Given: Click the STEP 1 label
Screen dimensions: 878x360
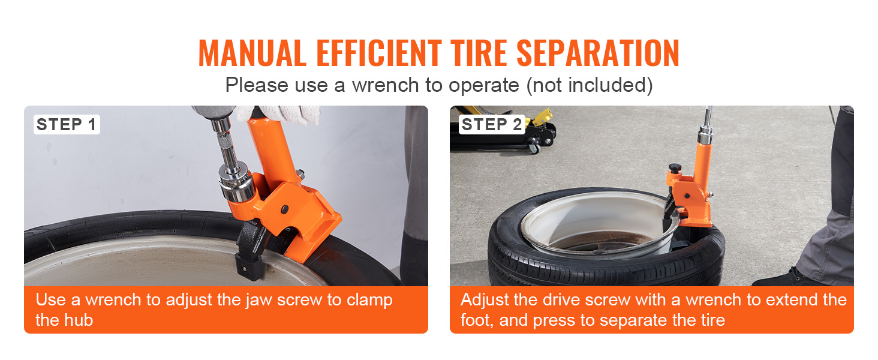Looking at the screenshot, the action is click(67, 125).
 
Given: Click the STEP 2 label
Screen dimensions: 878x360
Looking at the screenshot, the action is click(492, 125).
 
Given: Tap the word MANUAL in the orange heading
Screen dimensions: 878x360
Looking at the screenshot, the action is click(252, 53).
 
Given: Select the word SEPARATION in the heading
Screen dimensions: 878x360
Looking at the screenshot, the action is click(598, 53).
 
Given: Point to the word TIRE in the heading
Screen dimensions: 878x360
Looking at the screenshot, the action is click(479, 53).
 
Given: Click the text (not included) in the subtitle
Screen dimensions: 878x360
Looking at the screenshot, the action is click(589, 85).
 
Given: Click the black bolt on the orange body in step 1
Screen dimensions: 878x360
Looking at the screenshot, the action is click(285, 209).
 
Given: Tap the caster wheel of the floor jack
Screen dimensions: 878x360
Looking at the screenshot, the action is click(534, 149).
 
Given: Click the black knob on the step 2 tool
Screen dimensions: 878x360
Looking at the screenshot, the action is click(675, 168).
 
